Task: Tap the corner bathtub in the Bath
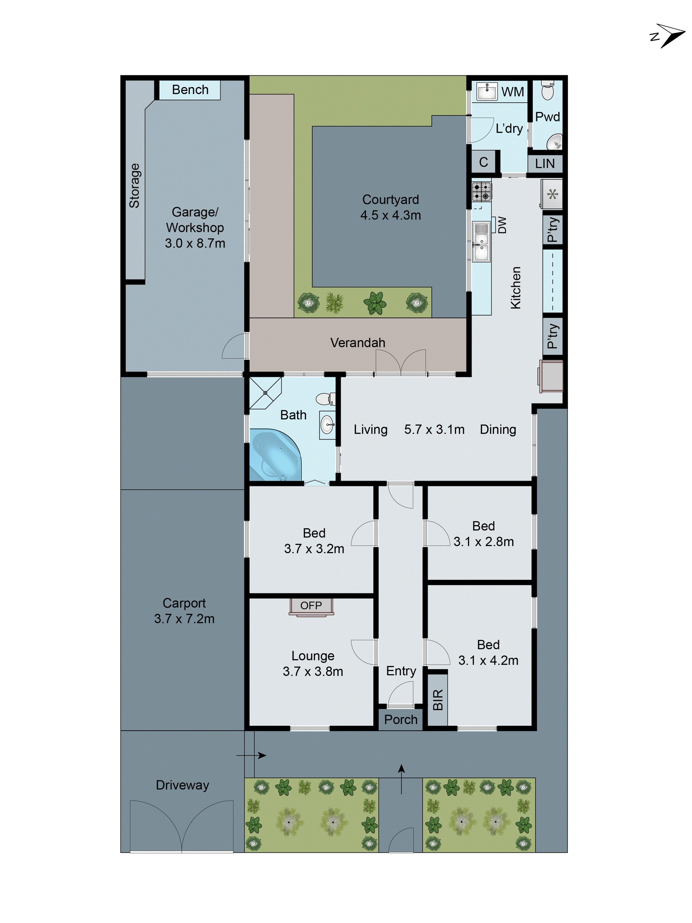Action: pyautogui.click(x=273, y=456)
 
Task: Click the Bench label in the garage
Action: pyautogui.click(x=190, y=90)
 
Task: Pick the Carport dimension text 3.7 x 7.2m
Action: pyautogui.click(x=184, y=619)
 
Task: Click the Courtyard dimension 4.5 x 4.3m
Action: pyautogui.click(x=391, y=215)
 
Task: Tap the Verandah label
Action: pyautogui.click(x=358, y=343)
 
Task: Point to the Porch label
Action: pyautogui.click(x=400, y=719)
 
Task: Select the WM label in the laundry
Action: pyautogui.click(x=512, y=92)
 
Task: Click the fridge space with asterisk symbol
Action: pyautogui.click(x=552, y=194)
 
